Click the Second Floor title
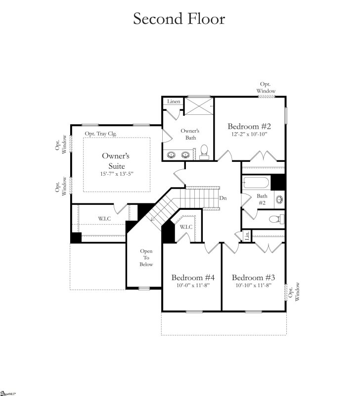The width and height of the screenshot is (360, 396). [179, 19]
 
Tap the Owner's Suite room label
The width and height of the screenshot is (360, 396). [113, 160]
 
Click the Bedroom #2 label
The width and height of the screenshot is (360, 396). [249, 126]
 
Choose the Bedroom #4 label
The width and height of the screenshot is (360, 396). [192, 277]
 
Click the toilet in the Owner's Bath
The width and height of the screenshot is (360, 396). [204, 151]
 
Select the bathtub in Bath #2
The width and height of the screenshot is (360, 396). [256, 184]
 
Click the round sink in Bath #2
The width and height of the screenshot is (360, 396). [279, 200]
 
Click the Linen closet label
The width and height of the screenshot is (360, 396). [173, 101]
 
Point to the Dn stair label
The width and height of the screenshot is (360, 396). [223, 198]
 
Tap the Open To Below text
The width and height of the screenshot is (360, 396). [146, 257]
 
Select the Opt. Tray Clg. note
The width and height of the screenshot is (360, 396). [100, 133]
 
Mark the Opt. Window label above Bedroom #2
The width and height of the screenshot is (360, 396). [266, 88]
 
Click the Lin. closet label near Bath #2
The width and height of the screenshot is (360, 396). [247, 237]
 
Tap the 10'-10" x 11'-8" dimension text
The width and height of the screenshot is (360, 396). [253, 286]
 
